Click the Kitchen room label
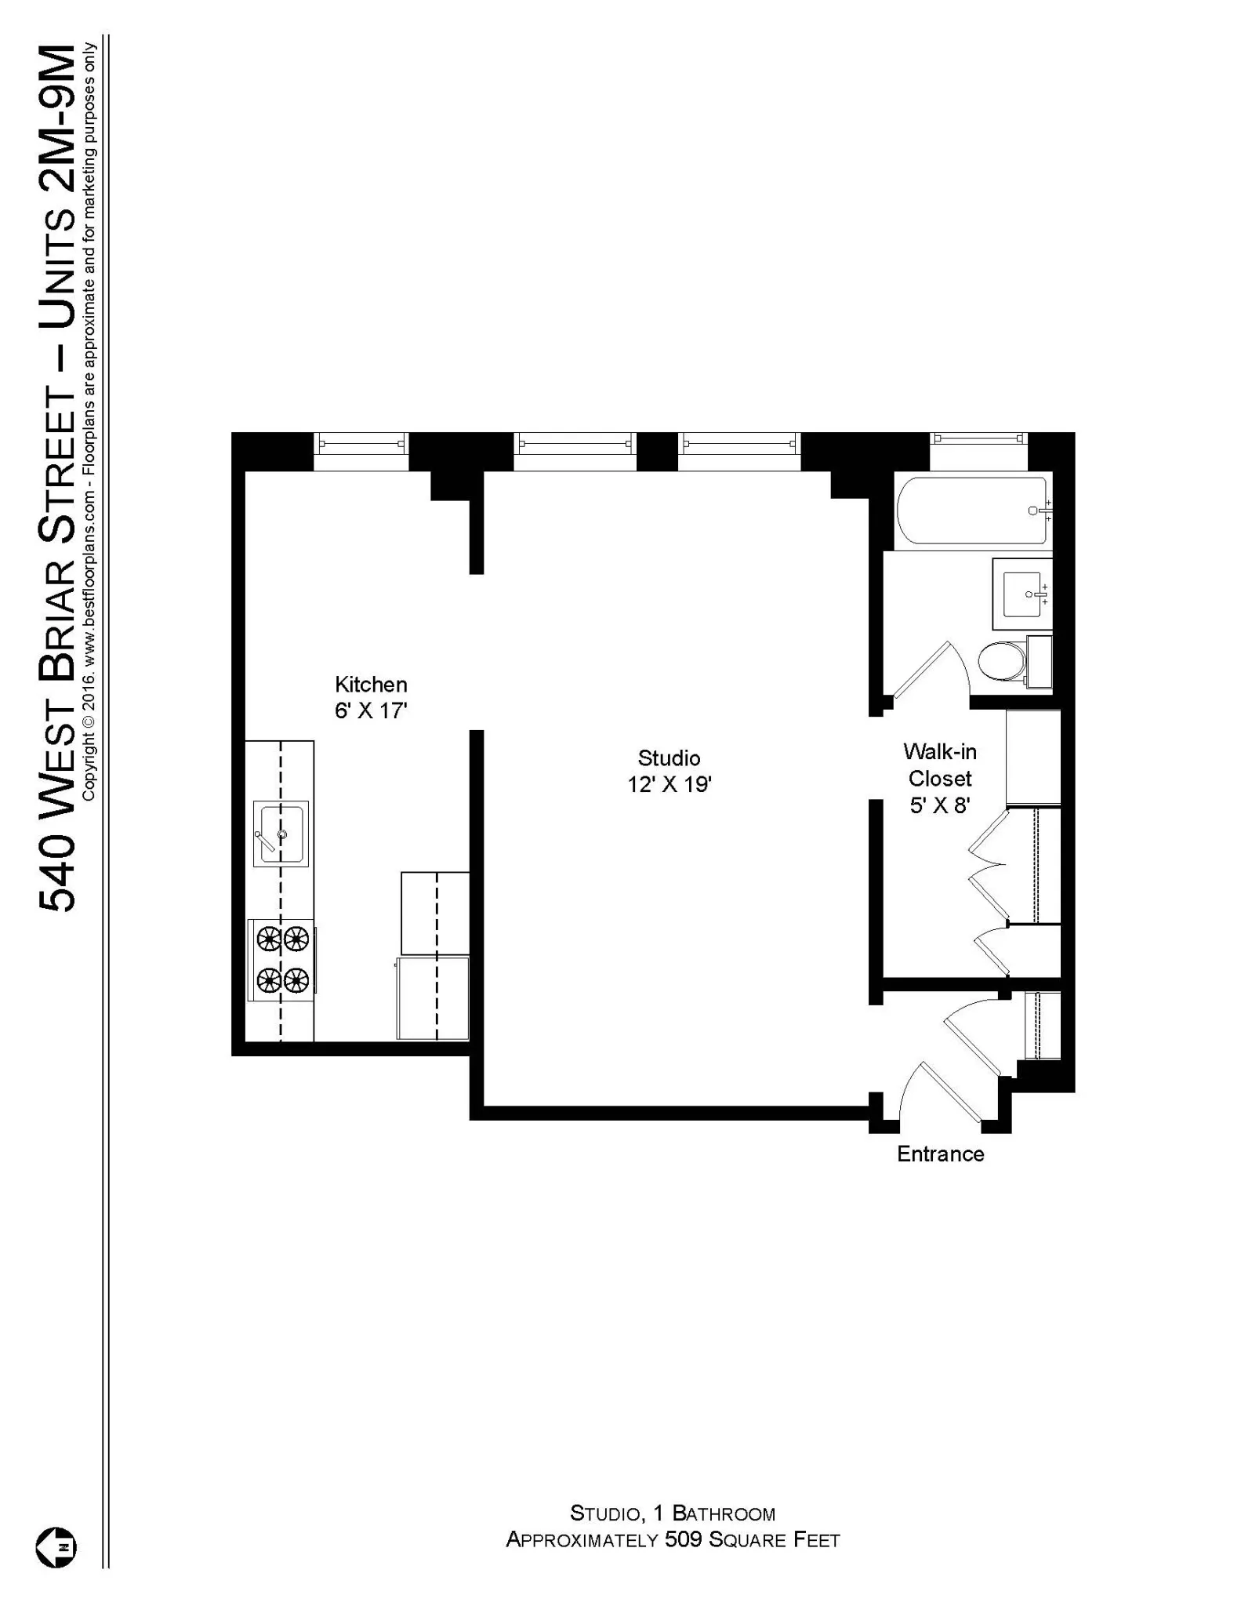point(371,684)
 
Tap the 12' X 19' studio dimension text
point(669,785)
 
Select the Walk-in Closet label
point(939,765)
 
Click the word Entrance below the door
point(940,1154)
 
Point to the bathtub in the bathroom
point(971,511)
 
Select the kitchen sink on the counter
point(281,834)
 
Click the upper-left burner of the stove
point(269,938)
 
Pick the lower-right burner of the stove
point(296,979)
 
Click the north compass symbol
point(56,1547)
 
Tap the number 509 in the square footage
point(683,1539)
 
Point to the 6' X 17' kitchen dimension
point(371,711)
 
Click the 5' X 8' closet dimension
point(939,805)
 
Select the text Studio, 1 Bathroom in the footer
point(672,1513)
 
